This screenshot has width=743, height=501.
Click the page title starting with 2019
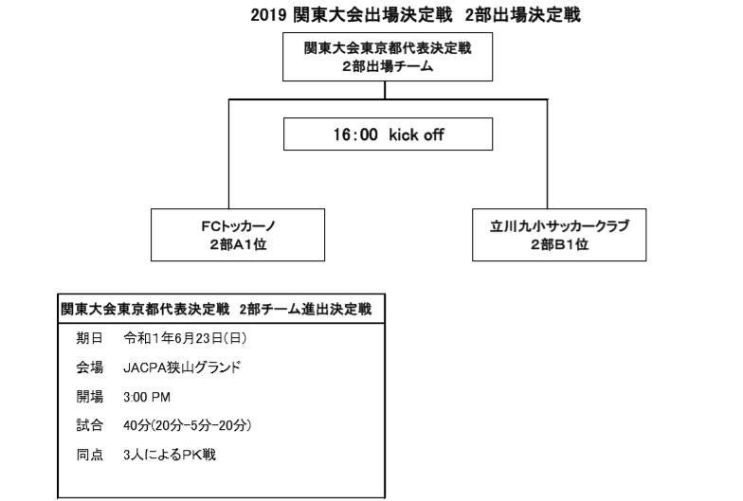415,15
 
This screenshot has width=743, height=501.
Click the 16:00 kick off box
389,134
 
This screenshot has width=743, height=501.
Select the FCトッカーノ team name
238,225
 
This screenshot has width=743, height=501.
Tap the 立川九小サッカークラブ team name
559,225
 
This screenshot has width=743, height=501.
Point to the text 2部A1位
238,244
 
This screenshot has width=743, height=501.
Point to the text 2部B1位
559,244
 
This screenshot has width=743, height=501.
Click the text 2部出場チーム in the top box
388,66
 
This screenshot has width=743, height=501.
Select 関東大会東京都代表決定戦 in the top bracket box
388,48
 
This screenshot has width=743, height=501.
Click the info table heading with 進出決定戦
216,309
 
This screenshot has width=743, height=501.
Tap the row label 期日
89,338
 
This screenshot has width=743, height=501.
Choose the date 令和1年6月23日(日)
185,338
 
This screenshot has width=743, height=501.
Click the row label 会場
89,367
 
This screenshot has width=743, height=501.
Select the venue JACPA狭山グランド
182,367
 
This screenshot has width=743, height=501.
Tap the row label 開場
89,397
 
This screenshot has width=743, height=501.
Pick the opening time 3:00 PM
147,397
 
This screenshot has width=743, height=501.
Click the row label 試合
89,425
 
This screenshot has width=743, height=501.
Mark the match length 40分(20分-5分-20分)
188,425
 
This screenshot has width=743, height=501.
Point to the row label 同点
89,455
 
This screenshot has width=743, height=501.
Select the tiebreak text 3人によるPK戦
170,455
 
